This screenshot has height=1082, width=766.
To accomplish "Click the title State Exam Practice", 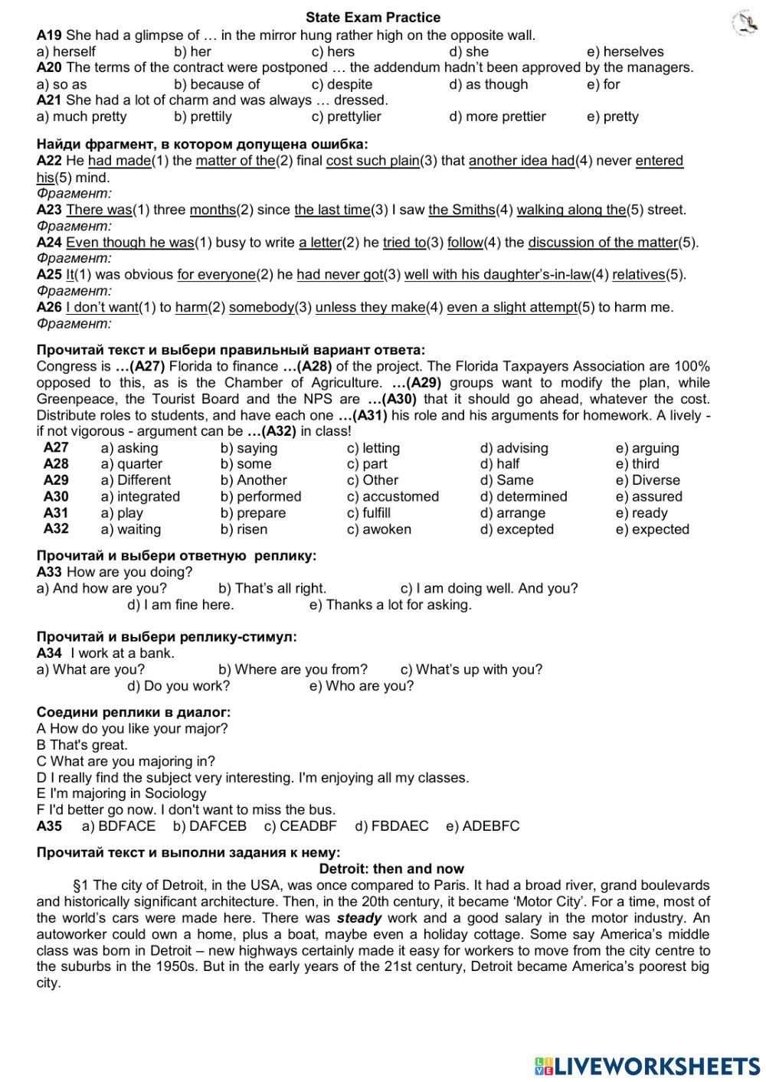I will [x=373, y=17].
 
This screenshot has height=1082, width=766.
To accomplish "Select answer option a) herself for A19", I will [x=66, y=52].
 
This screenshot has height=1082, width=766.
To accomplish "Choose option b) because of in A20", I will [x=217, y=84].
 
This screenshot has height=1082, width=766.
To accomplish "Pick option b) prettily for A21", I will [x=203, y=116].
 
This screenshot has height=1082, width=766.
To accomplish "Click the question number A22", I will [x=49, y=161].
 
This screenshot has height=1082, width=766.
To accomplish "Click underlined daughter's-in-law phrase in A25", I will [x=498, y=274].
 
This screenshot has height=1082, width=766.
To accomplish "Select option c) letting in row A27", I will [x=373, y=448].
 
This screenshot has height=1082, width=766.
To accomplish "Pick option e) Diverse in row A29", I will [x=647, y=480].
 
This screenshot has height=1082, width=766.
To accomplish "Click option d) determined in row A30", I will [x=523, y=496].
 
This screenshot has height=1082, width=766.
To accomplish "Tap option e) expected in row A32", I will [x=652, y=529].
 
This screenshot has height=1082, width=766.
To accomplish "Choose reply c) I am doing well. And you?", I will [x=489, y=588].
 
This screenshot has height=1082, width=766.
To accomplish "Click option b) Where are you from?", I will [x=293, y=669].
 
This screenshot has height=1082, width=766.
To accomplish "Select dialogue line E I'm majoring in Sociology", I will [x=121, y=793].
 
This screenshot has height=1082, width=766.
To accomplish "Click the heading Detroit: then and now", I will [x=391, y=868].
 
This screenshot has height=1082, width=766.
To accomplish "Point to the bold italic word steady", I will [x=359, y=918].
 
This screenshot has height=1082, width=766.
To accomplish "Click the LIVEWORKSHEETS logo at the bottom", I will [x=647, y=1065].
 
